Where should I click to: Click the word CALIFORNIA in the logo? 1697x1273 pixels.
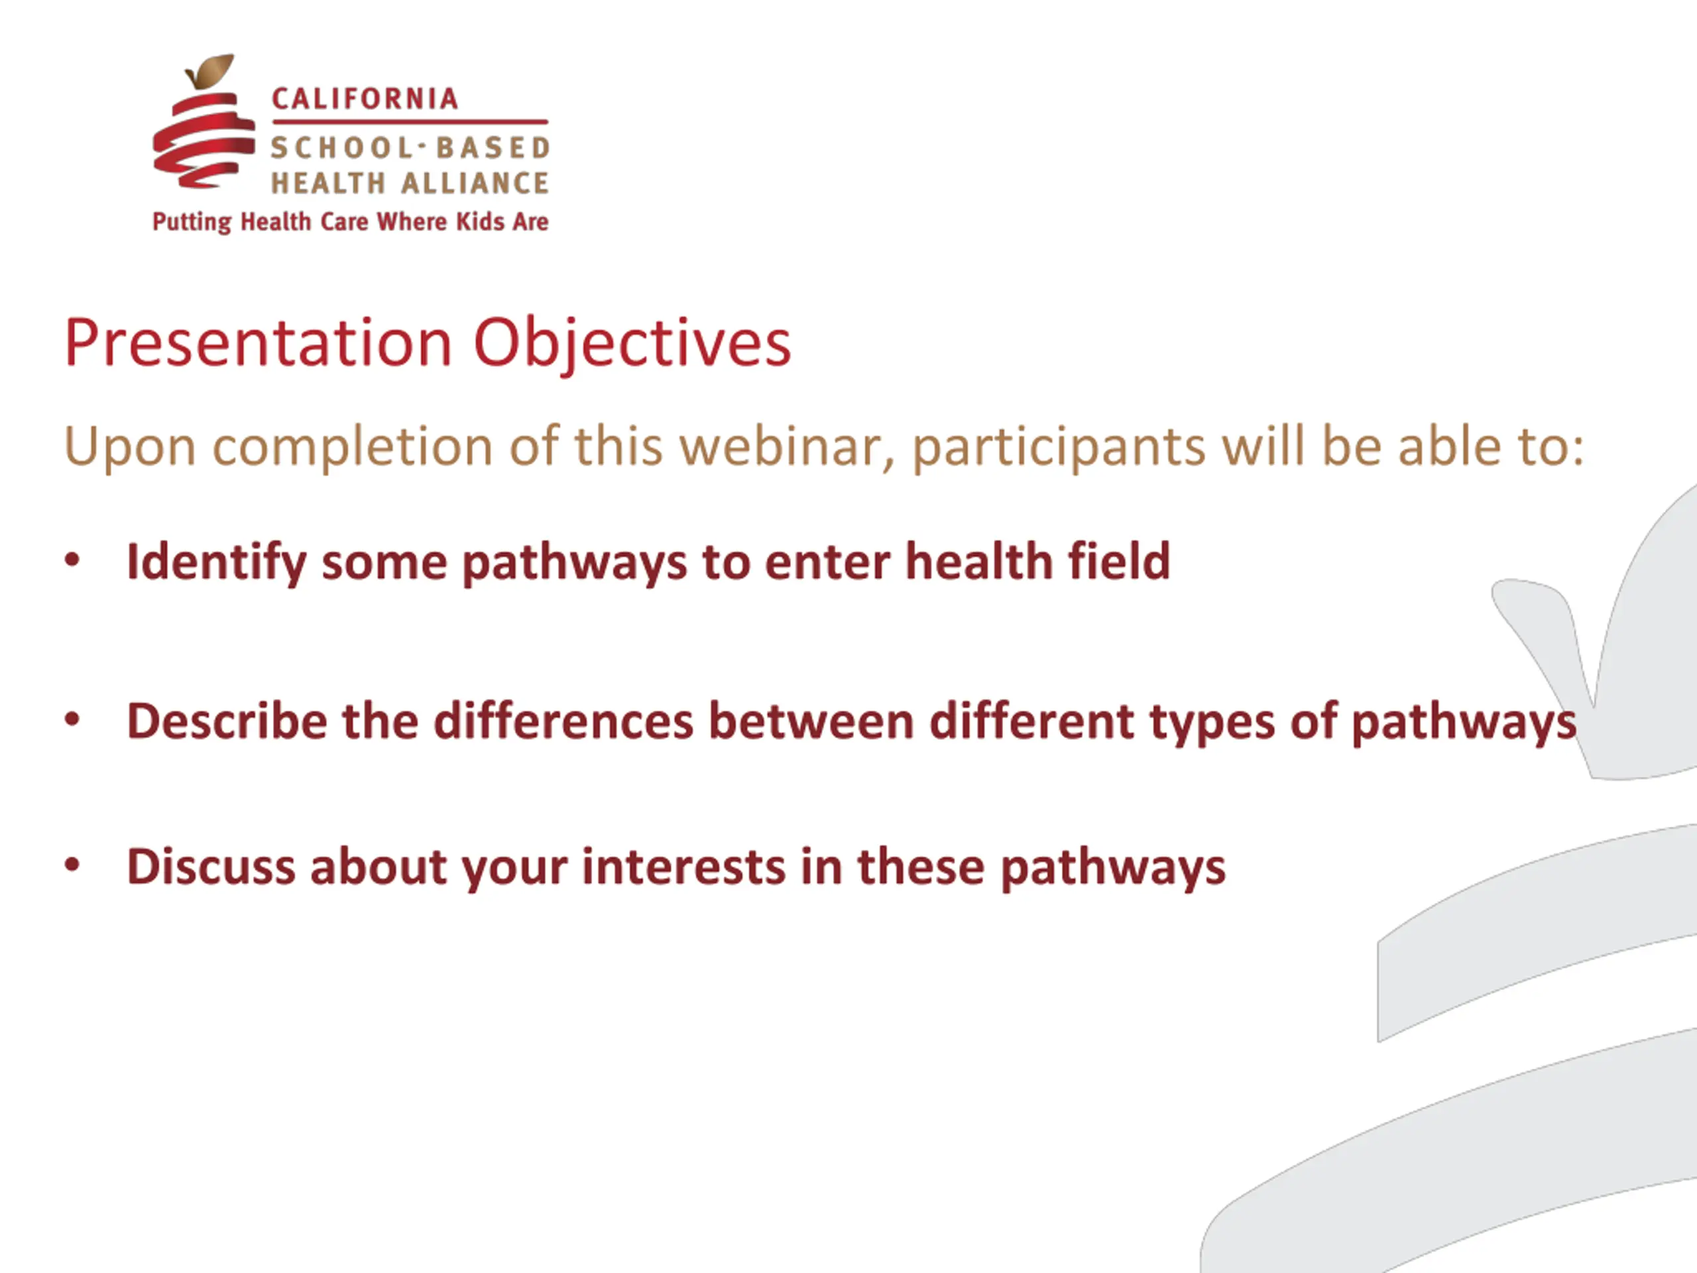point(365,99)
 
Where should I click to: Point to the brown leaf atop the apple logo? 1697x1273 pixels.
point(210,70)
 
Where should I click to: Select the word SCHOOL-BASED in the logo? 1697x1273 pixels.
point(410,147)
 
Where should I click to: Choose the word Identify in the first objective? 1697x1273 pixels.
point(216,562)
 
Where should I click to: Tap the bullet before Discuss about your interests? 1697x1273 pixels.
point(72,865)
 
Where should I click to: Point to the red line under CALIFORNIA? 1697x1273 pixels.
point(410,122)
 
